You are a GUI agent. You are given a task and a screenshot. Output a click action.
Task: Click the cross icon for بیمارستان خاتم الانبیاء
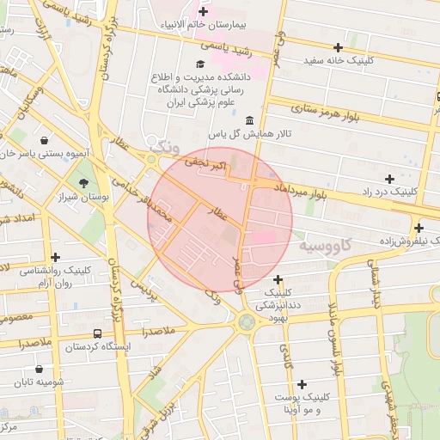(203, 11)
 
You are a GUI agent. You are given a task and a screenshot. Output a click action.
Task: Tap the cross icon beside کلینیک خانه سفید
(338, 47)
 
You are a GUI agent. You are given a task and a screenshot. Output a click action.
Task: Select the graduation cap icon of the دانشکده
(200, 64)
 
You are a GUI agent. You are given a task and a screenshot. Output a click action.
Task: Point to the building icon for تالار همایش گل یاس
(249, 119)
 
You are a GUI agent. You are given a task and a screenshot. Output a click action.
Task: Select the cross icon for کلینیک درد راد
(390, 178)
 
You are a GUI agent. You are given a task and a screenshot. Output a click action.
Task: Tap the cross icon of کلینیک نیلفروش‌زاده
(419, 228)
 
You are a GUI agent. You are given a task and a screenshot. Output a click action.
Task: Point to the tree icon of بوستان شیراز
(83, 182)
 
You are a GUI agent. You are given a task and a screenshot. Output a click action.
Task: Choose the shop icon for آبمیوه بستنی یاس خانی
(43, 139)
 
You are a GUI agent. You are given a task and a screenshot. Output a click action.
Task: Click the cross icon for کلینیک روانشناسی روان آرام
(56, 256)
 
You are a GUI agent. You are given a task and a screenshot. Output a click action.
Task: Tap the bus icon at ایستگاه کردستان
(96, 333)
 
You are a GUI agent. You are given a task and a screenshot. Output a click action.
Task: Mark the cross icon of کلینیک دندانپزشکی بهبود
(278, 279)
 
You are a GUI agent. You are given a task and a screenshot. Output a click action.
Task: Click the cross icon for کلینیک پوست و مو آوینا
(301, 384)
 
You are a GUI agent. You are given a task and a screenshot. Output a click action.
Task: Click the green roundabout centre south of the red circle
(247, 322)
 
